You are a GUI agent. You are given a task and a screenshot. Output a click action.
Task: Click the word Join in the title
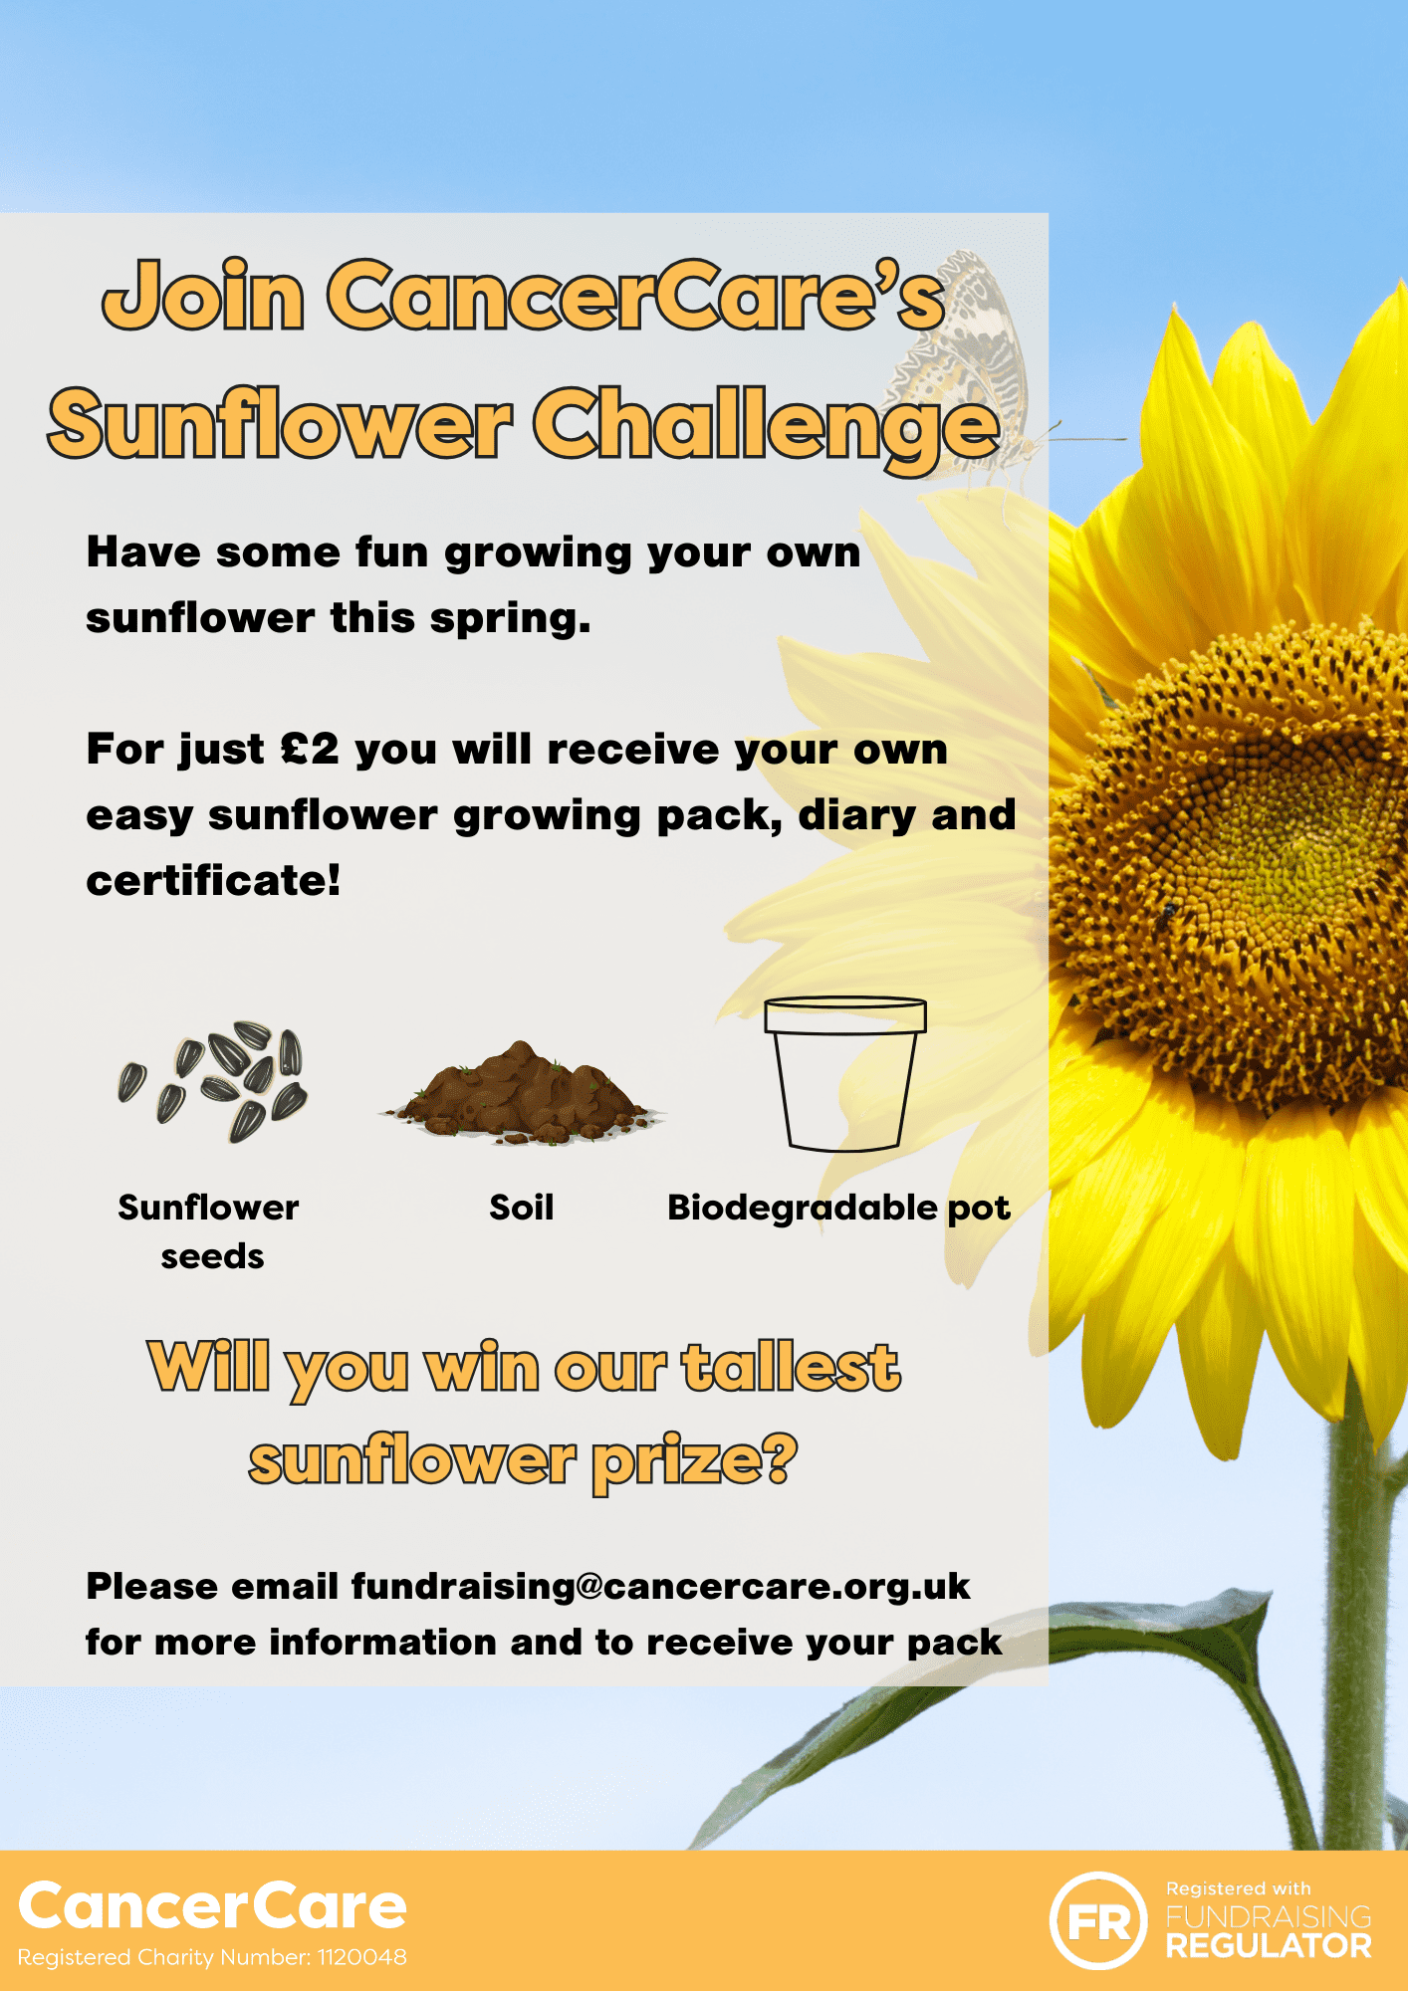tap(204, 296)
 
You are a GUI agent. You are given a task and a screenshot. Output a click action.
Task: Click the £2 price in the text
tap(310, 750)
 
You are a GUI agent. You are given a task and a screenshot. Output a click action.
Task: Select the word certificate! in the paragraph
tap(213, 880)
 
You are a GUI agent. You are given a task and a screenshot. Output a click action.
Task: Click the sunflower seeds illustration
tap(212, 1082)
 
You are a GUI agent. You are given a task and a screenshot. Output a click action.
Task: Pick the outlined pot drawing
tap(844, 1074)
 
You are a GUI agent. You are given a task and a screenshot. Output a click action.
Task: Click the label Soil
tap(521, 1208)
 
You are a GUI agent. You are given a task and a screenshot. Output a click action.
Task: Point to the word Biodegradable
tap(803, 1208)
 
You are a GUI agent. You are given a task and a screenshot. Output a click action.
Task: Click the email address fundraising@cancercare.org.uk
tap(660, 1586)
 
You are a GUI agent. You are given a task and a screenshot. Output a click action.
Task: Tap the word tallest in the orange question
tap(792, 1367)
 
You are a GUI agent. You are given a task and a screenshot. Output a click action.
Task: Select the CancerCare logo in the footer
tap(212, 1906)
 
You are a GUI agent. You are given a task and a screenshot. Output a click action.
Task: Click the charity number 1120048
tap(362, 1957)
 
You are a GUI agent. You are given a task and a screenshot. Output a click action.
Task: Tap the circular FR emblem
tap(1098, 1920)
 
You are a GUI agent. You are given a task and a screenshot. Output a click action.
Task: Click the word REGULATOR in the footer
tap(1269, 1946)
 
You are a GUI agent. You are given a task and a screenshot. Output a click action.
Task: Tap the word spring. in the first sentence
tap(511, 619)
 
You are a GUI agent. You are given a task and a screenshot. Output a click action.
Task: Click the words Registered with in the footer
tap(1239, 1888)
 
